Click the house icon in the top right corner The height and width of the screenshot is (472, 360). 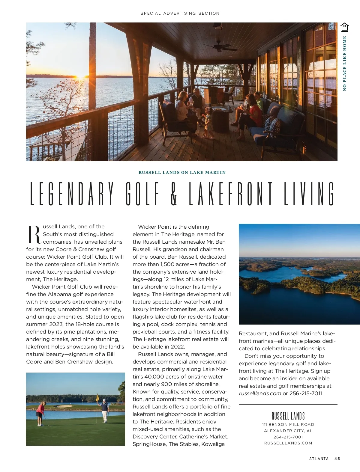click(345, 27)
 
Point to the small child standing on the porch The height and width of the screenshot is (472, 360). click(208, 122)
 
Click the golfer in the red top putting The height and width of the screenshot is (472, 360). click(40, 413)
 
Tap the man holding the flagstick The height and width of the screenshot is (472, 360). click(104, 410)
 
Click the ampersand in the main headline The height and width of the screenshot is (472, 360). click(174, 194)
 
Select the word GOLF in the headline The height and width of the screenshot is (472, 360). click(142, 194)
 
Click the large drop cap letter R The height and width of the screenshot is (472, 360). click(34, 235)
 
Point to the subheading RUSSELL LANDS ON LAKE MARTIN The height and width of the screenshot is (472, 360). click(182, 173)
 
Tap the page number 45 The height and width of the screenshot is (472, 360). click(337, 459)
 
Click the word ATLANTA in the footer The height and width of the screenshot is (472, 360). click(319, 459)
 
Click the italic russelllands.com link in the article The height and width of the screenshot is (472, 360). click(260, 393)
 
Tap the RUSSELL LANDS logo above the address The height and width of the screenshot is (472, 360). click(288, 416)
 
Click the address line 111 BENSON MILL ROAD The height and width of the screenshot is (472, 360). click(288, 425)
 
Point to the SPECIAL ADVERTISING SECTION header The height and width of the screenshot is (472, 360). click(180, 13)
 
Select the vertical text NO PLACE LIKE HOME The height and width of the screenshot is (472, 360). click(344, 63)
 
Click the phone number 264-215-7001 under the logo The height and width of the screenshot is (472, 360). click(288, 437)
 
